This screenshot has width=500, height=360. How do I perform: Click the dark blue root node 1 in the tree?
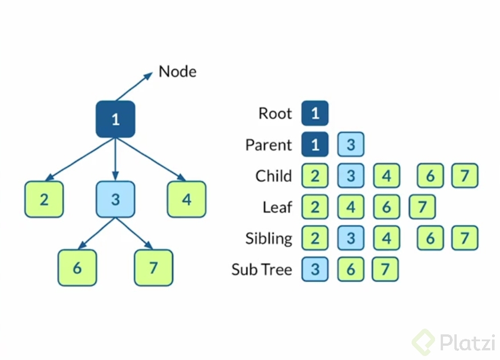[116, 119]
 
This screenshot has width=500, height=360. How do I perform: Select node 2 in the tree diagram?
[44, 199]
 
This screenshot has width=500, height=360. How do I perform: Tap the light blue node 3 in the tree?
[116, 199]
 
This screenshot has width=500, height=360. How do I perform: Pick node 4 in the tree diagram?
[186, 199]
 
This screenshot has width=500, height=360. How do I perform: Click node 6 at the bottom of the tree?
[77, 267]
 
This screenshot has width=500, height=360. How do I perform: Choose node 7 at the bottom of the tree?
[153, 267]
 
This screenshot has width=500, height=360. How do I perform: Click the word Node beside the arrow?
[177, 72]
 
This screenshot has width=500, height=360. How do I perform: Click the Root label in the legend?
[275, 113]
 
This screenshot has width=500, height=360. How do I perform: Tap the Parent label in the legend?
[268, 145]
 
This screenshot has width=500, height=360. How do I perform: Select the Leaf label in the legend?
[277, 207]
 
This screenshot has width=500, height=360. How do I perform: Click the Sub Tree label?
[262, 269]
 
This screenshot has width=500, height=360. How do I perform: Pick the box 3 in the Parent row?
[351, 145]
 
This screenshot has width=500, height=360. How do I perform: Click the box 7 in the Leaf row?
[422, 207]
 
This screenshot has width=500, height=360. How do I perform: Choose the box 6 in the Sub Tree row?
[351, 269]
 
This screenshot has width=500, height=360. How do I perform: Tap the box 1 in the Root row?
[315, 113]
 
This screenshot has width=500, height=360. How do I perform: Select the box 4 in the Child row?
[387, 176]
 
